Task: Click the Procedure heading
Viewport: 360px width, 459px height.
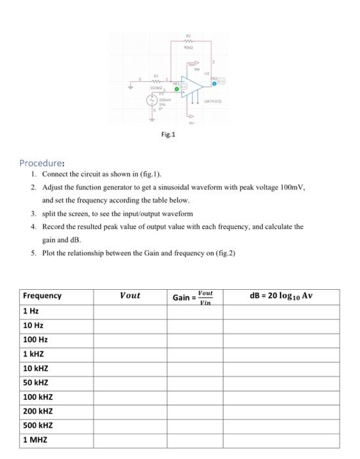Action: [41, 163]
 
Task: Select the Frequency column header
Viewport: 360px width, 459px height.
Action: [42, 296]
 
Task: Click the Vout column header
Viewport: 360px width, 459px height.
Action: [130, 296]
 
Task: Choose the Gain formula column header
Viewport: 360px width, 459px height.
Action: [193, 297]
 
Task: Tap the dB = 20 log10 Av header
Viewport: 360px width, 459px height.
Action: [281, 296]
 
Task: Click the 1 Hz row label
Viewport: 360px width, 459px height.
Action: [31, 311]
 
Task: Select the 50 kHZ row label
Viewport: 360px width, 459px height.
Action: [36, 382]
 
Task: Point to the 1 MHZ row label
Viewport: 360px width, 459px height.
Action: [35, 440]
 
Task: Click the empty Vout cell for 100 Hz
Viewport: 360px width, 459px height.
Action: [130, 340]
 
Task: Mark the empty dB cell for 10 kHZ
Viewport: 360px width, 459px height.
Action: [281, 368]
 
